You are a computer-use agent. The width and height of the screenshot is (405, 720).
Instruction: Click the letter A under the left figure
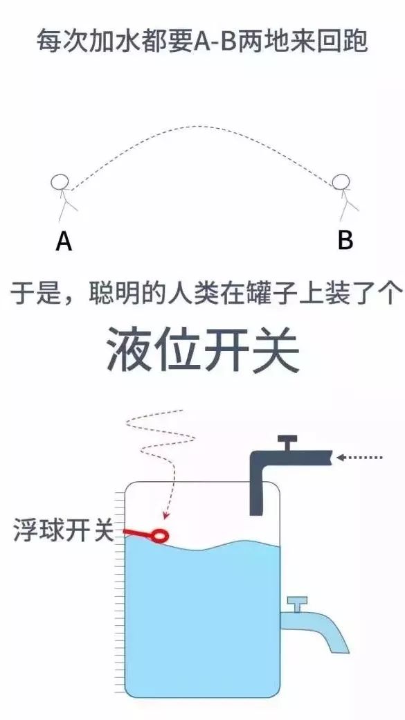[x=64, y=241]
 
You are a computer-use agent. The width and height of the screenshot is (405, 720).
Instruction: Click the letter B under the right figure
[x=345, y=240]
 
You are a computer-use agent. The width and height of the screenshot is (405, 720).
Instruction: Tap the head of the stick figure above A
[x=60, y=182]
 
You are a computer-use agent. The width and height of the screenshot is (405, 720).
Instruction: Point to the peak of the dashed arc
[x=197, y=126]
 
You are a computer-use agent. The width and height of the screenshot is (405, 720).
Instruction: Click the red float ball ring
[x=161, y=535]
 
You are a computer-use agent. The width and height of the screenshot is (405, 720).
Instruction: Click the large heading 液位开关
[x=202, y=350]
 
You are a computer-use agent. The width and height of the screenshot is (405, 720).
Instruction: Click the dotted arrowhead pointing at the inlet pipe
[x=341, y=458]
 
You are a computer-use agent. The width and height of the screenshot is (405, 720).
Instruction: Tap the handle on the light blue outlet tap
[x=297, y=604]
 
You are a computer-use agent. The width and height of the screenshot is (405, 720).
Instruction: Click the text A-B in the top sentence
[x=208, y=42]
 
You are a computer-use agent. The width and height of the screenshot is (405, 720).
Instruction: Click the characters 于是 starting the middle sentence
[x=33, y=293]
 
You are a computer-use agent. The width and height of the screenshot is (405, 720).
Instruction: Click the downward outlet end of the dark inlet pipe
[x=257, y=512]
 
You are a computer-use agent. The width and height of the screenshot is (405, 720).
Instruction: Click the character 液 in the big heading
[x=129, y=350]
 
